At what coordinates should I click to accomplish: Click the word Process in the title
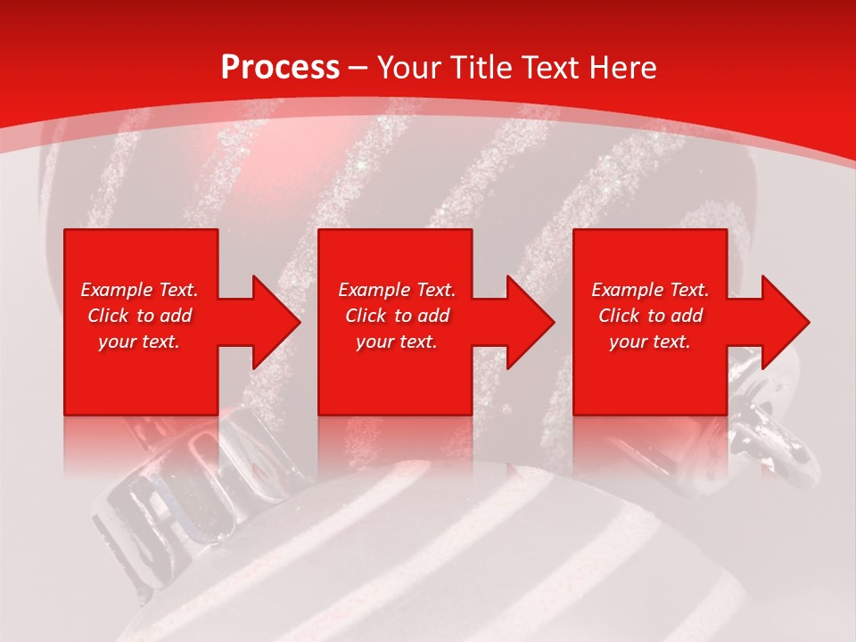tap(280, 68)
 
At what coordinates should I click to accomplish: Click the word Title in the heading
tap(478, 68)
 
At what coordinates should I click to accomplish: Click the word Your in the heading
tap(410, 68)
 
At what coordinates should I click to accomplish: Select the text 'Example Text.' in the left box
tap(139, 290)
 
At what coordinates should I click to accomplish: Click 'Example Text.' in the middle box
tap(397, 290)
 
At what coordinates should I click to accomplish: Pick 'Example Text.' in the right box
tap(650, 290)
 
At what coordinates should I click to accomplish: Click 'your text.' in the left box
tap(139, 342)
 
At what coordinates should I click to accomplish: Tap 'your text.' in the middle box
tap(397, 342)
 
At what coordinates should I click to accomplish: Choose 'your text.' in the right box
tap(650, 342)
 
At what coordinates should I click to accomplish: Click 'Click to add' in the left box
tap(139, 316)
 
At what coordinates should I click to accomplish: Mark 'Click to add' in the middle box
tap(397, 316)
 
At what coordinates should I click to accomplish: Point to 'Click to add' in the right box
tap(650, 316)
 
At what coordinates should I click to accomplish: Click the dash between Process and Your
tap(358, 69)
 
